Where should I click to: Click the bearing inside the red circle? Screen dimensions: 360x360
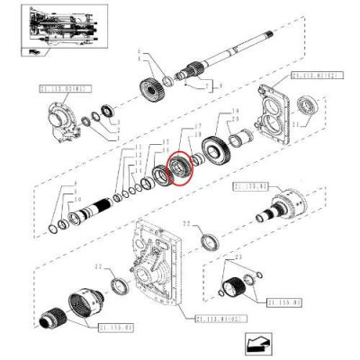pyautogui.click(x=181, y=166)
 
